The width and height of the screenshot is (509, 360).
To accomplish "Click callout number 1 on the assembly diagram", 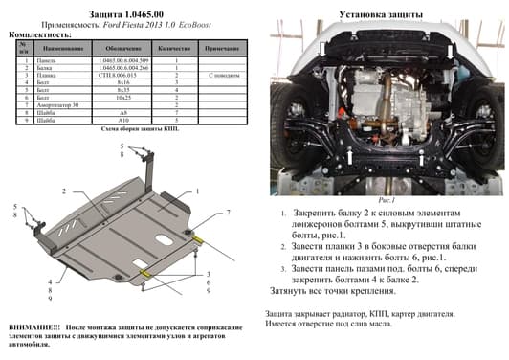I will [197, 191].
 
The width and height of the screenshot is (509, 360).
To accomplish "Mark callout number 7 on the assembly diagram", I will [228, 211].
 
